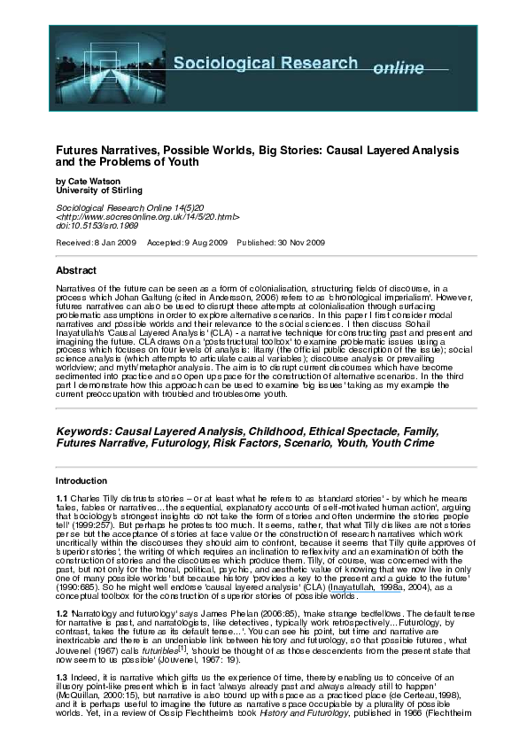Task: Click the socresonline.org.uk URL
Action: pos(148,215)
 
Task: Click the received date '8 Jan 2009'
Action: pos(108,242)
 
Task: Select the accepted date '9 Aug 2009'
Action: pos(206,242)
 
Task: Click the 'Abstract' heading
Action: pos(76,269)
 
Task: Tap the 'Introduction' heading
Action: pos(81,480)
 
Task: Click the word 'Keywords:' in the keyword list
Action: pos(84,431)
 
